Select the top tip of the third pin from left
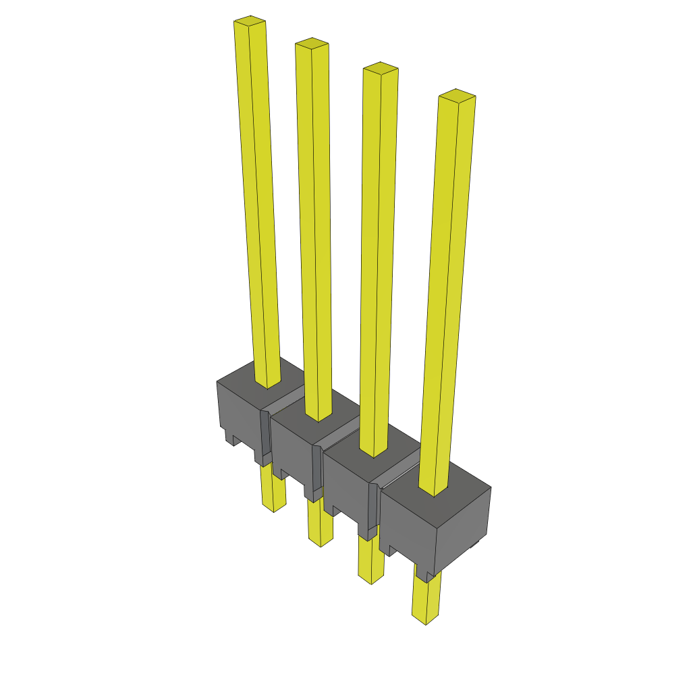pyautogui.click(x=381, y=69)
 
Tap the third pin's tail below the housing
pyautogui.click(x=370, y=563)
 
